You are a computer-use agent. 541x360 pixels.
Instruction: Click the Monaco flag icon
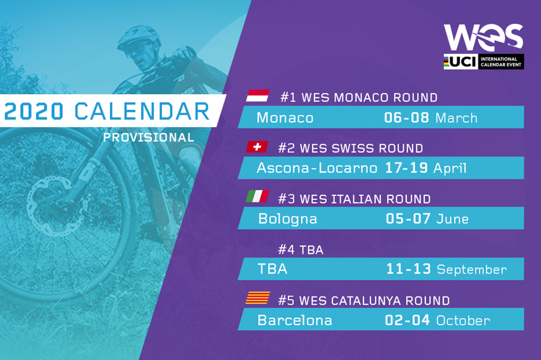tap(258, 96)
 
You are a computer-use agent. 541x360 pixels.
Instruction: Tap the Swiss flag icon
tap(257, 147)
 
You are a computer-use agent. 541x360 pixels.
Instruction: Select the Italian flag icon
tap(257, 196)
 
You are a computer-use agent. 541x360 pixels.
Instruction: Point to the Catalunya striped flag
tap(258, 298)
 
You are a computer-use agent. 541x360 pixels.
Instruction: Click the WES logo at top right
tap(483, 37)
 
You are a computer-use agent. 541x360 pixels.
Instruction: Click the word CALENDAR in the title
tap(142, 111)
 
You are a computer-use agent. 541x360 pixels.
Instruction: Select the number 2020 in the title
tap(34, 111)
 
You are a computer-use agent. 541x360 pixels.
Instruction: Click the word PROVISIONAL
tap(148, 138)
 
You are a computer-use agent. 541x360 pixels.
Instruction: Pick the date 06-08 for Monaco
tap(406, 118)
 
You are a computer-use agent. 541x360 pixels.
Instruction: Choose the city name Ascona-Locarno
tap(317, 168)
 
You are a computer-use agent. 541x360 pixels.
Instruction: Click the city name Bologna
tap(287, 219)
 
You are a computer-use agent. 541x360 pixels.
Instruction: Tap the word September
tap(472, 270)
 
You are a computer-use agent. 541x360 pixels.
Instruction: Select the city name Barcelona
tap(295, 320)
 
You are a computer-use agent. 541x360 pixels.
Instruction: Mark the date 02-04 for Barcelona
tap(407, 320)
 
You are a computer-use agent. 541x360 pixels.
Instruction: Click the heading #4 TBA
tap(301, 250)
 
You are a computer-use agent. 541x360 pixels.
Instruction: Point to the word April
tap(450, 168)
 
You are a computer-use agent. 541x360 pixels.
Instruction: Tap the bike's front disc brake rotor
tap(54, 206)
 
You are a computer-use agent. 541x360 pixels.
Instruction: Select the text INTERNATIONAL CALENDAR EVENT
tap(501, 62)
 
